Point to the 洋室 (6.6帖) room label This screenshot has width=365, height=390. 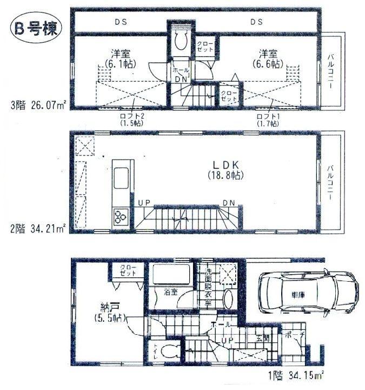tap(269, 58)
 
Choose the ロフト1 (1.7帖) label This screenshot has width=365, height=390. tap(268, 119)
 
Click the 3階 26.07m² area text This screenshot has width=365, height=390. tap(36, 102)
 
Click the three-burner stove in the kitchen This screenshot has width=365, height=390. tap(120, 216)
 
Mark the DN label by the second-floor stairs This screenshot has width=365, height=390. tap(229, 203)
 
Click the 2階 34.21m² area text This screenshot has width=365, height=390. tap(36, 229)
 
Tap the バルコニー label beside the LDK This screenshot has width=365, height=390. tap(329, 183)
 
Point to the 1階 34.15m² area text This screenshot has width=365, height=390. tap(295, 374)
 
